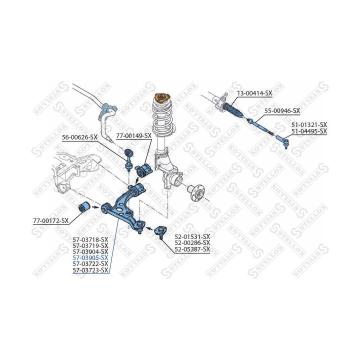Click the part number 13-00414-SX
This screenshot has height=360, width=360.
[254, 93]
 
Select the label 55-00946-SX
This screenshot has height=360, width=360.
[281, 110]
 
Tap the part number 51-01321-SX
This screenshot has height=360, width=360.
[309, 124]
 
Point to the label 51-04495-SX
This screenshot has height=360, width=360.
[309, 131]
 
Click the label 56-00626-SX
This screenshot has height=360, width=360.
[79, 136]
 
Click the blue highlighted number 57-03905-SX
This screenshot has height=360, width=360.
[90, 258]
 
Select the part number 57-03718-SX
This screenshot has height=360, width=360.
[90, 239]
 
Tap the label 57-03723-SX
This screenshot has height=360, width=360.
[90, 270]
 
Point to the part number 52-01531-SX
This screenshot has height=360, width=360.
[192, 236]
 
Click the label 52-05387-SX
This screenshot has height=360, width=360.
[192, 248]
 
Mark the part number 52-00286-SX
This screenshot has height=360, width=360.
[192, 242]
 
